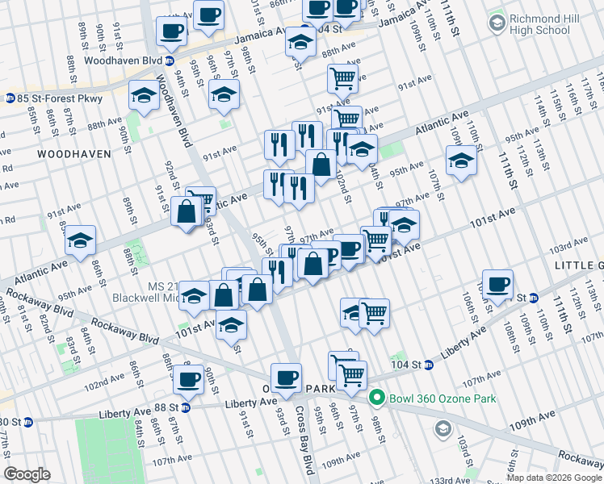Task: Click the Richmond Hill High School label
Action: pyautogui.click(x=551, y=24)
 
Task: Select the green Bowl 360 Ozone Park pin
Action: pyautogui.click(x=375, y=398)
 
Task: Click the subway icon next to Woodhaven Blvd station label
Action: pyautogui.click(x=170, y=60)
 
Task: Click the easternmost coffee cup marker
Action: pyautogui.click(x=498, y=284)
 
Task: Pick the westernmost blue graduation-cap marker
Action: pyautogui.click(x=81, y=240)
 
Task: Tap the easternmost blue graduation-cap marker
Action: pyautogui.click(x=461, y=160)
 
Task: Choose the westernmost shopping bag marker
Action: pyautogui.click(x=186, y=213)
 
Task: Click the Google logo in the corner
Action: pyautogui.click(x=27, y=474)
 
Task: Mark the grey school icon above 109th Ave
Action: pyautogui.click(x=442, y=428)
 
